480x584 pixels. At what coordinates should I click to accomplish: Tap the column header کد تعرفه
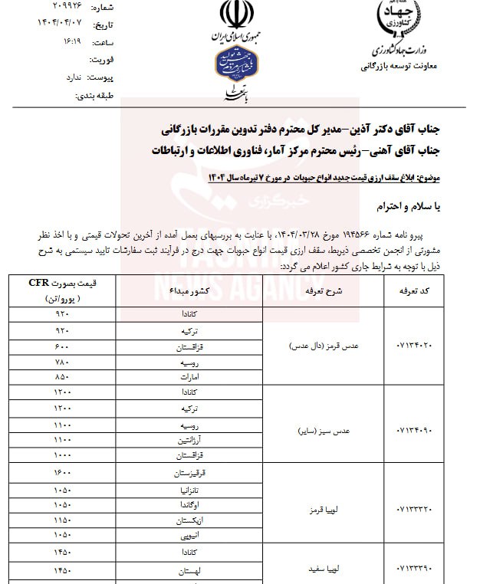point(416,291)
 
